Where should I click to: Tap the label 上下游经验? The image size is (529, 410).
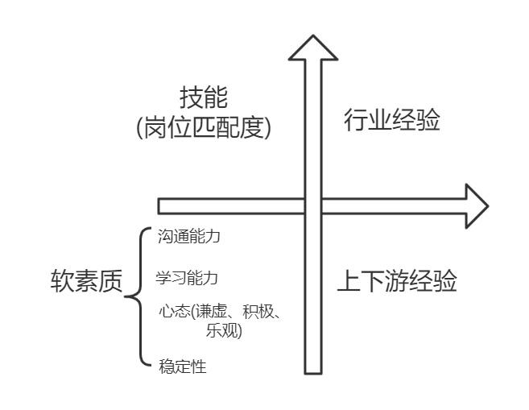click(396, 282)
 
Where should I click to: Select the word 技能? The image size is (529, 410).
click(205, 99)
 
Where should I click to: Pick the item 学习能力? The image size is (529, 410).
click(187, 278)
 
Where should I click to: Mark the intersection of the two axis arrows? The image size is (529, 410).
click(313, 205)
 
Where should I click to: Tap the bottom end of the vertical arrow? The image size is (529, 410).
click(313, 371)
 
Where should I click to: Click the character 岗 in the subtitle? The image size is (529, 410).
click(153, 127)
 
